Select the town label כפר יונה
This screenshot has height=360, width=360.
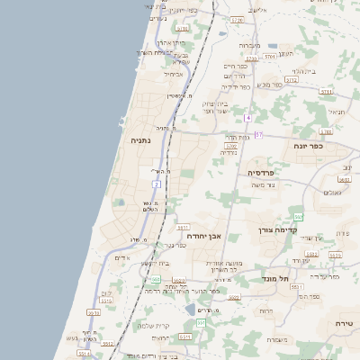point(308,145)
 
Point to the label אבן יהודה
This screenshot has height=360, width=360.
point(204,235)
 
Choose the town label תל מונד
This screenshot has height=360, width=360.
point(277,279)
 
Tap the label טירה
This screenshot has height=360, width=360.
point(345,323)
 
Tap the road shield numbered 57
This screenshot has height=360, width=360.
point(258,135)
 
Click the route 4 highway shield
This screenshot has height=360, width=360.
point(247,118)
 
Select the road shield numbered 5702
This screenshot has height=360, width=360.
point(231,145)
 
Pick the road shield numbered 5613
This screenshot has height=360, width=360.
point(335,256)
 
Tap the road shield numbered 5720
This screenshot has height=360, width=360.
point(237,19)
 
